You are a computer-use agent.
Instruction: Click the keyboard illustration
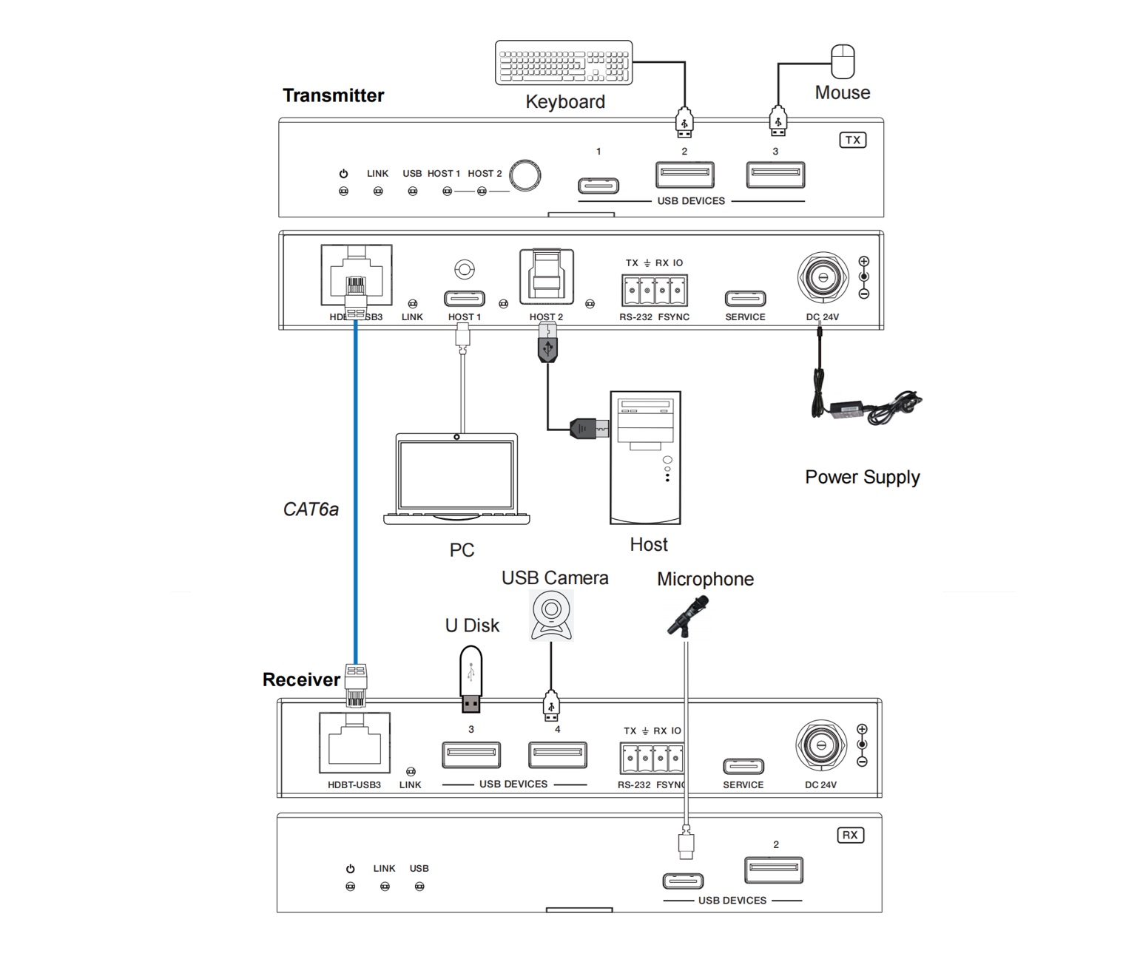(564, 63)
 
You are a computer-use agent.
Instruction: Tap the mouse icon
(843, 61)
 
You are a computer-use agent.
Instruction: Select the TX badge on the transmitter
(852, 140)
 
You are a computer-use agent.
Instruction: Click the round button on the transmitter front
(525, 175)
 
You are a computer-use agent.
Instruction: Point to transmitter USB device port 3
(775, 174)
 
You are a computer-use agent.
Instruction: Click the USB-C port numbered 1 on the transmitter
(598, 185)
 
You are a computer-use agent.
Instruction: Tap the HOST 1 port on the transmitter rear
(464, 299)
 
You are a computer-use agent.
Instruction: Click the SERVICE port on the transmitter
(745, 299)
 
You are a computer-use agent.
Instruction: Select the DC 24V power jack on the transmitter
(822, 278)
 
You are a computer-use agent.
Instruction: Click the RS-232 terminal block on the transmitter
(654, 290)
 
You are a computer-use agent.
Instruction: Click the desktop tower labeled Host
(645, 458)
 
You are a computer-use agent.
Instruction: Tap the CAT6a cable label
(311, 509)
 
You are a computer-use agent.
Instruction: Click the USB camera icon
(551, 614)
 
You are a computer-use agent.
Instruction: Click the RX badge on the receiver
(850, 835)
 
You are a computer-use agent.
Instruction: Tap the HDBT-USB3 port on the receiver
(354, 742)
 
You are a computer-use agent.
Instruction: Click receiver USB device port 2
(774, 870)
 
